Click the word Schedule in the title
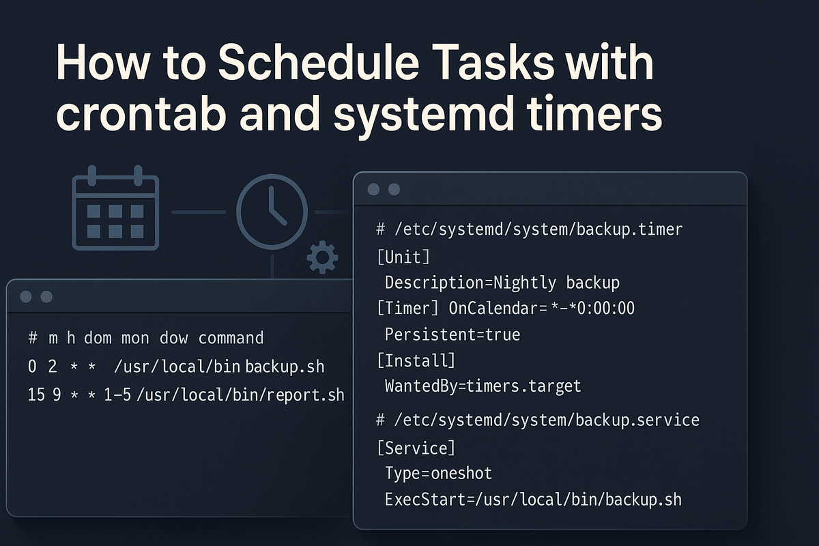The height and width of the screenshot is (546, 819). coord(319,62)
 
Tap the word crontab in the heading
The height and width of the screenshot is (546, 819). coord(141,113)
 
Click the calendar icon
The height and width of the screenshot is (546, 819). coord(115,207)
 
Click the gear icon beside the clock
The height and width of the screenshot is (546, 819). coord(322,257)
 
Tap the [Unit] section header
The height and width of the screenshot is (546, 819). coord(403,257)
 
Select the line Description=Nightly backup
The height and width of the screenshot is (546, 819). coord(502,283)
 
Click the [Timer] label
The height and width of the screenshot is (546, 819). coord(407,308)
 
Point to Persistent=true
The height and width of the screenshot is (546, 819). coord(452,334)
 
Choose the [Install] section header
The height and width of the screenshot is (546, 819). coord(416,360)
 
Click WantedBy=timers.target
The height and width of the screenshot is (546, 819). coord(483,386)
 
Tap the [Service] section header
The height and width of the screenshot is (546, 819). coord(416,448)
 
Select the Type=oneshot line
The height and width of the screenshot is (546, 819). coord(438,474)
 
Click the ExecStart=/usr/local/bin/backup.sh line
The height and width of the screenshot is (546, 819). coord(533,500)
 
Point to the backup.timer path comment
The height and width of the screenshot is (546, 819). coord(530,230)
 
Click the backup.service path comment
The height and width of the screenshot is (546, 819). coord(538,420)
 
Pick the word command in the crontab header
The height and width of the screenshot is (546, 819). coord(231,338)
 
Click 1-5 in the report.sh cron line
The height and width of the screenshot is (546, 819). coord(117,395)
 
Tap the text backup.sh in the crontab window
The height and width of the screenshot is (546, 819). coord(285,367)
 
